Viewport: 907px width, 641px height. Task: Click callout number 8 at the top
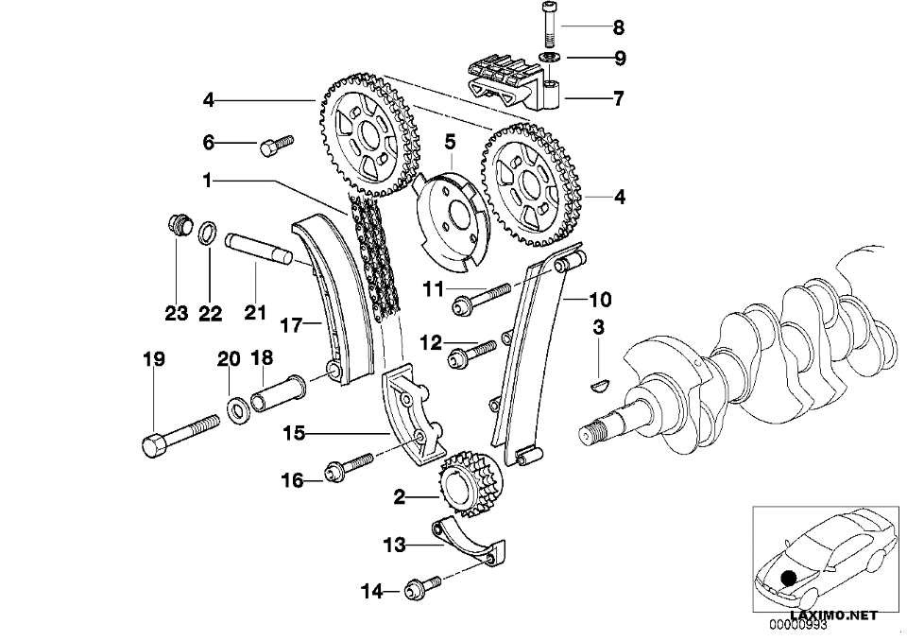[618, 27]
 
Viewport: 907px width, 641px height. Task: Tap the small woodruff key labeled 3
[599, 384]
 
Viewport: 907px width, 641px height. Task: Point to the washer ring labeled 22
[208, 233]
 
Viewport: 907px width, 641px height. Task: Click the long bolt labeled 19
[180, 435]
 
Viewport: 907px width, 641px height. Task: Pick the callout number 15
[294, 433]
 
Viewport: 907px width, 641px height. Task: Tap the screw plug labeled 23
[179, 223]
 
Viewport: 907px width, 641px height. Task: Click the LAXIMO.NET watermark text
[833, 615]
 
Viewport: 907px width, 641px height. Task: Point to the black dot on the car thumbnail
[788, 578]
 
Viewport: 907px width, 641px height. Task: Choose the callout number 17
[292, 325]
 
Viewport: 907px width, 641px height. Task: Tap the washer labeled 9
[548, 58]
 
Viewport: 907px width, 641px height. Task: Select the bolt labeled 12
[472, 355]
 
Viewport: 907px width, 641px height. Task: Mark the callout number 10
[600, 300]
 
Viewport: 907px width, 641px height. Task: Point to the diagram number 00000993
[797, 625]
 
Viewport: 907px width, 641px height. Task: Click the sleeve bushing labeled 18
[279, 393]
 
